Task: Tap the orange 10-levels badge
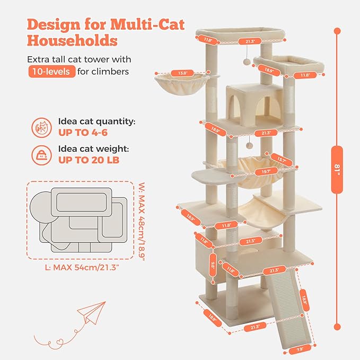pyautogui.click(x=52, y=72)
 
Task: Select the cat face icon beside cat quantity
pyautogui.click(x=41, y=127)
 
